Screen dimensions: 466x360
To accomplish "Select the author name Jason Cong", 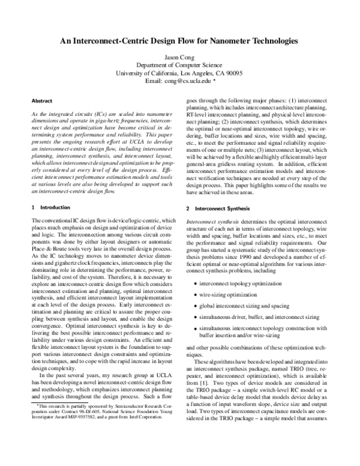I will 179,57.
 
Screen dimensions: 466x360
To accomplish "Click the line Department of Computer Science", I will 179,65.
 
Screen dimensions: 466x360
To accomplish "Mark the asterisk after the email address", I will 214,80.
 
